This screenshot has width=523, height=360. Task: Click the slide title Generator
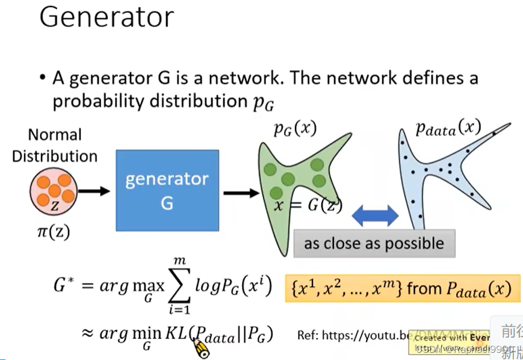click(x=107, y=17)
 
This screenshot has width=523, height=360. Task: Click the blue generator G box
click(x=167, y=190)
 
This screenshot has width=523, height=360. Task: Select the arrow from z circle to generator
click(x=95, y=191)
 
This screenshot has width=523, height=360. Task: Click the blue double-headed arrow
click(x=375, y=216)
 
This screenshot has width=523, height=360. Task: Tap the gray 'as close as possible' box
click(x=374, y=243)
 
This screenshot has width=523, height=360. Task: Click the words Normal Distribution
click(x=55, y=145)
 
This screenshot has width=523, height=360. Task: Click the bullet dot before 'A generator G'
click(x=42, y=78)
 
